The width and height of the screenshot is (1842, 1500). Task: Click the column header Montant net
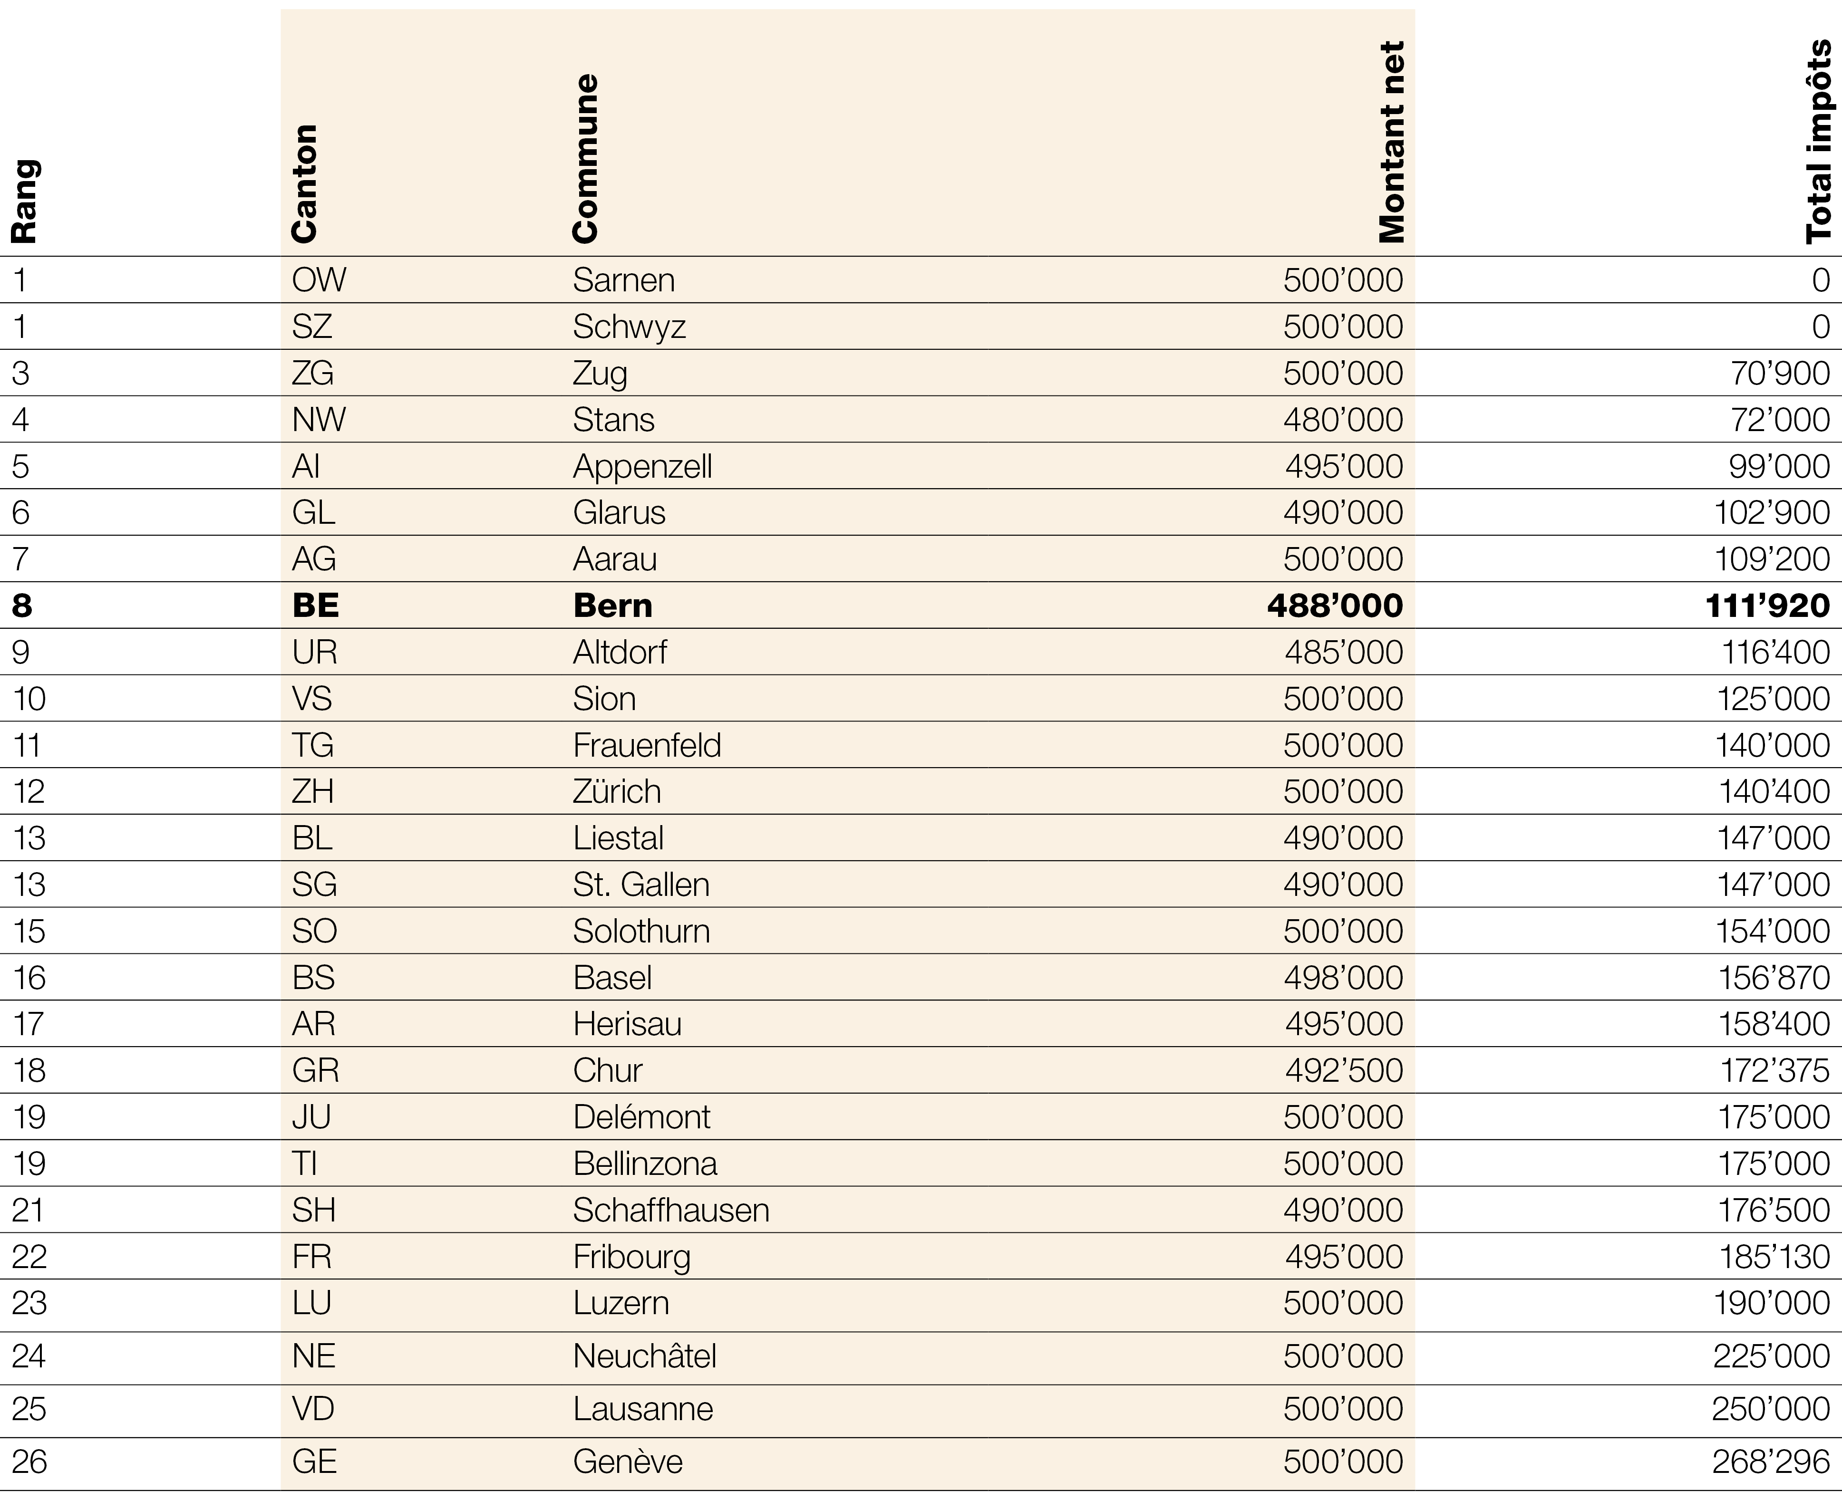(x=1392, y=143)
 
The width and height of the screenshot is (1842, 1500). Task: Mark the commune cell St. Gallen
(x=640, y=885)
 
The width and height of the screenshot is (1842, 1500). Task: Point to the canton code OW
(x=319, y=280)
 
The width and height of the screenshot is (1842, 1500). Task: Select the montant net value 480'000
(x=1342, y=420)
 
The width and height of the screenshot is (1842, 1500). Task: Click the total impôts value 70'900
(x=1780, y=373)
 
